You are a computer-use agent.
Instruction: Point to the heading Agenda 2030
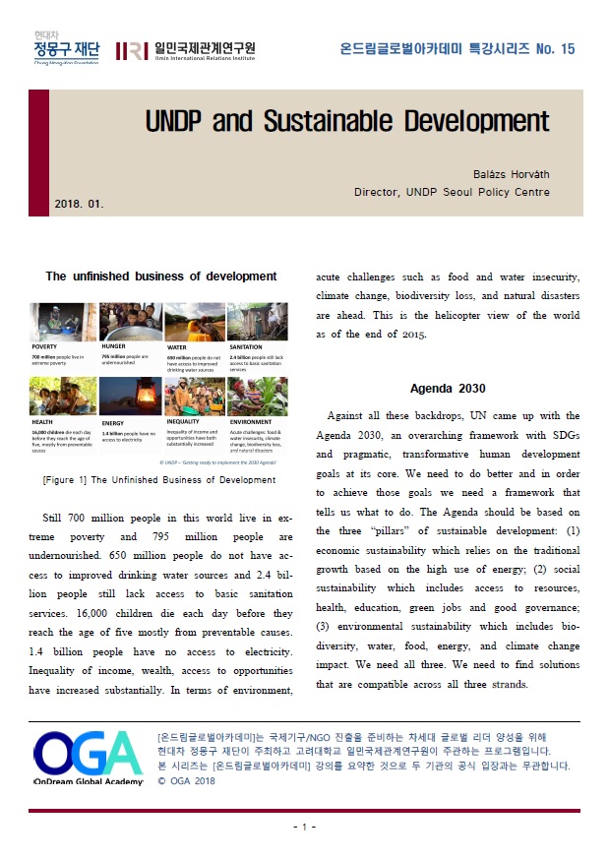pyautogui.click(x=448, y=388)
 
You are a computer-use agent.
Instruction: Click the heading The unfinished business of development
pyautogui.click(x=161, y=276)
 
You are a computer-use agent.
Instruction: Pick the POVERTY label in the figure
pyautogui.click(x=44, y=347)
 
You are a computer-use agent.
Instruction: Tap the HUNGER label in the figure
pyautogui.click(x=113, y=347)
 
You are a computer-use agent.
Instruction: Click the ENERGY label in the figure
pyautogui.click(x=111, y=421)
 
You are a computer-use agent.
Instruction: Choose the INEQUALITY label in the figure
pyautogui.click(x=184, y=421)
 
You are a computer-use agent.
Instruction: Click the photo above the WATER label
pyautogui.click(x=192, y=321)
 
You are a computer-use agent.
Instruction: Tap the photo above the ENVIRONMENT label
pyautogui.click(x=258, y=395)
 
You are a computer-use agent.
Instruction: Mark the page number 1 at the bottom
pyautogui.click(x=305, y=827)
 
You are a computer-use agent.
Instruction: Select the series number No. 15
pyautogui.click(x=555, y=49)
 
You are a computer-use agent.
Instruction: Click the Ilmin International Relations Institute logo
pyautogui.click(x=186, y=51)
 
